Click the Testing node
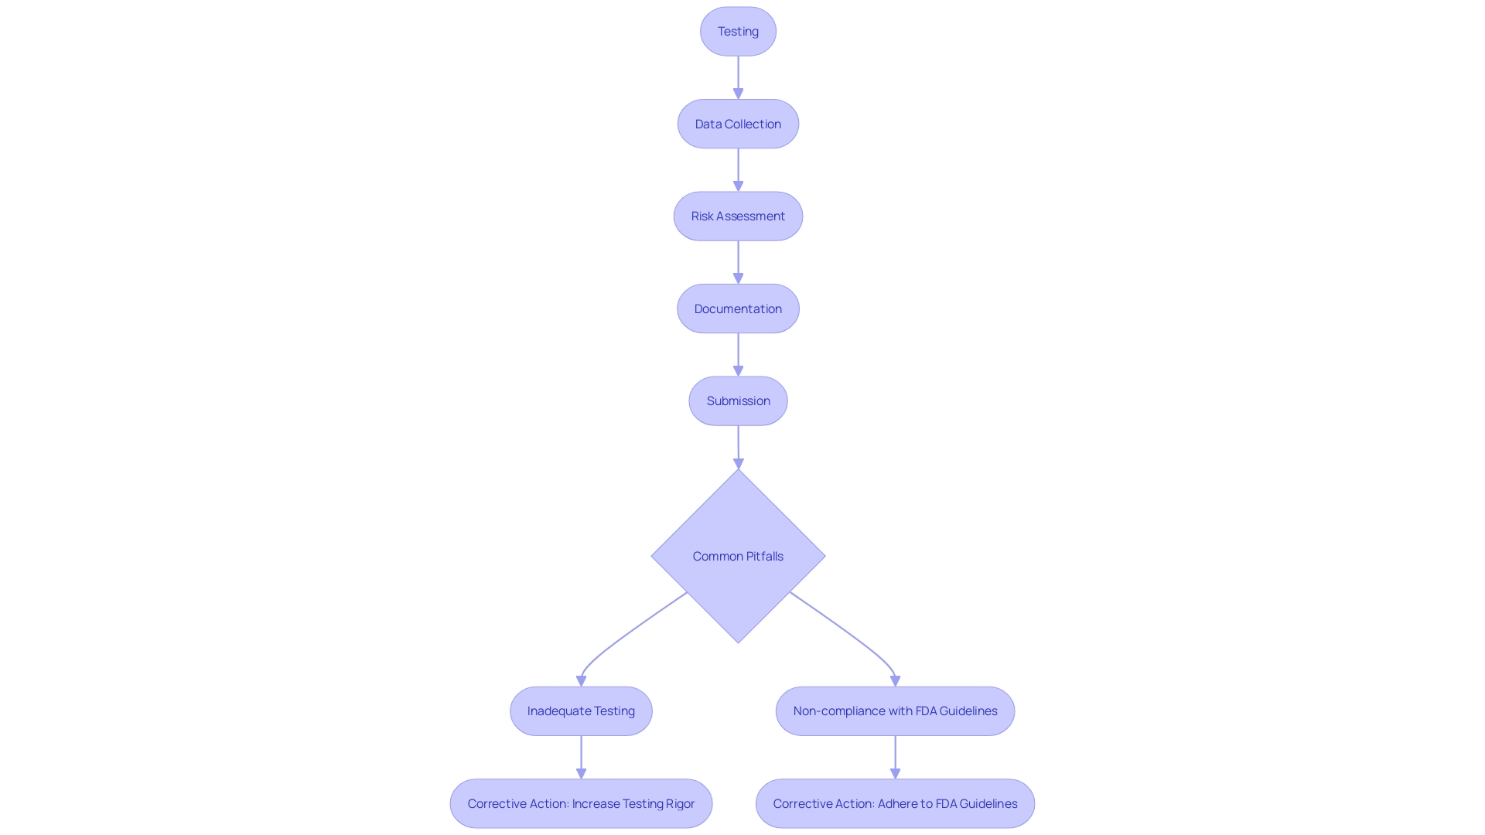tap(738, 32)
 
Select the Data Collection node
tap(738, 124)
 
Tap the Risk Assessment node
tap(738, 216)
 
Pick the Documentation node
tap(738, 308)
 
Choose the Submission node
tap(738, 400)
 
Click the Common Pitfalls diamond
tap(738, 556)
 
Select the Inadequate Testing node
tap(581, 711)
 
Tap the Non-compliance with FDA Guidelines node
tap(895, 711)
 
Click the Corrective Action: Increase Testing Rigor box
tap(581, 803)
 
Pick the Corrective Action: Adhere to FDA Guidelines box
tap(895, 803)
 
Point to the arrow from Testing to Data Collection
tap(738, 77)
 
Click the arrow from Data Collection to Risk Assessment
tap(738, 169)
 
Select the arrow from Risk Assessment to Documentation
tap(738, 261)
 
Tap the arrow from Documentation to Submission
tap(738, 354)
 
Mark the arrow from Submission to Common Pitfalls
tap(738, 446)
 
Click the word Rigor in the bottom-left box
tap(680, 803)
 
